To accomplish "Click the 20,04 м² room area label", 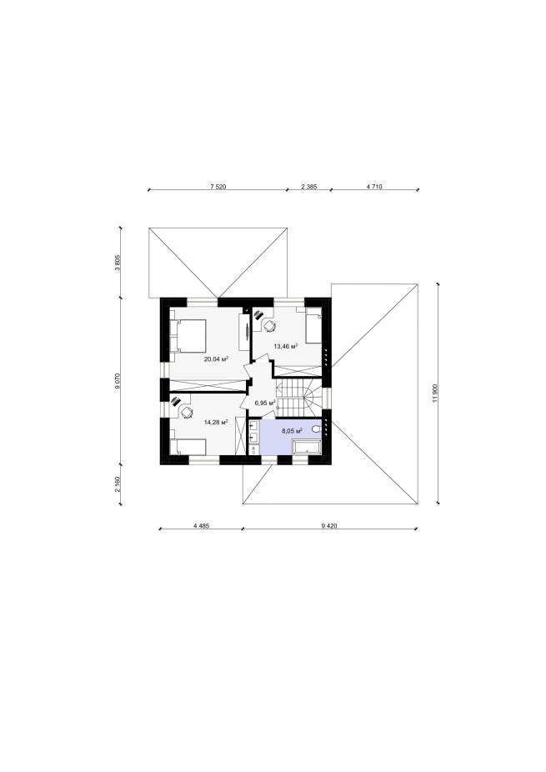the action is click(216, 359).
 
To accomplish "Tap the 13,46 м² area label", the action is click(286, 346).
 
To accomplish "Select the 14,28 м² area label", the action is click(216, 422).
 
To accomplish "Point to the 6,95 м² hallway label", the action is click(264, 402).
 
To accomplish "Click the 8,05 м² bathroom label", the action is click(292, 431).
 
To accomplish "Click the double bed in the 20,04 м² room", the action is click(188, 335).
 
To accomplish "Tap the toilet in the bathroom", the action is click(316, 430).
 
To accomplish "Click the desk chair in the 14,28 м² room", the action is click(187, 412).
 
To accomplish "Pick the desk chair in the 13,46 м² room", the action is click(269, 326).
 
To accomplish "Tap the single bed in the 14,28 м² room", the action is click(188, 447).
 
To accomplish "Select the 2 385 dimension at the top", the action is click(308, 187).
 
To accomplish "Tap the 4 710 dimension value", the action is click(374, 187).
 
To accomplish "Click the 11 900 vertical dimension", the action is click(435, 393).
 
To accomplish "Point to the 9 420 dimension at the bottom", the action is click(329, 525).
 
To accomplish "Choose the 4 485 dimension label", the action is click(202, 525).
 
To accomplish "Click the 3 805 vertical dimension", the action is click(118, 263).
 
